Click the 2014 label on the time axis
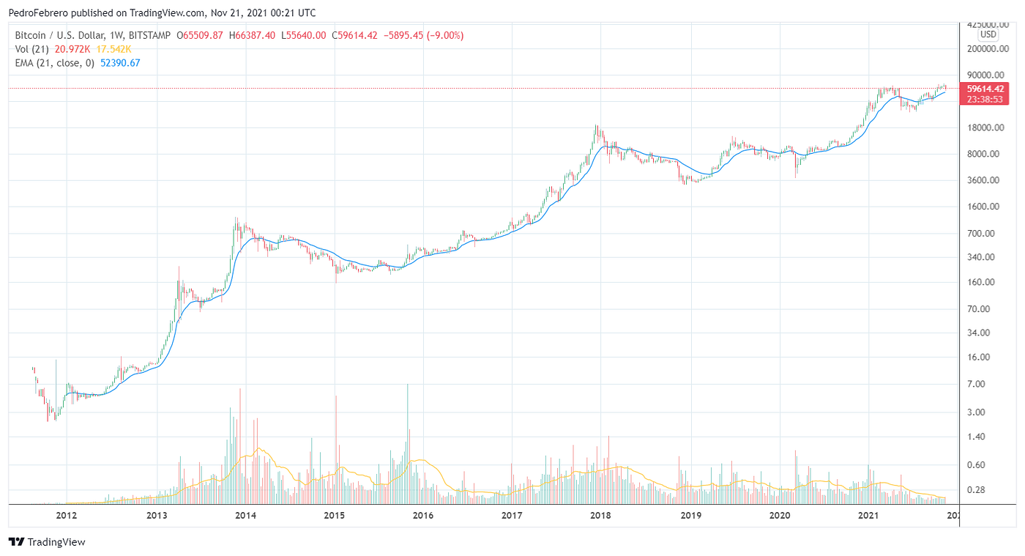245,516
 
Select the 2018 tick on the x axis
600,516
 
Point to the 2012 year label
67,516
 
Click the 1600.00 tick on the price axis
983,207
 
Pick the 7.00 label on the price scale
975,384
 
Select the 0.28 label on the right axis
975,490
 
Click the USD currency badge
988,34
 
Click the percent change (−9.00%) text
438,35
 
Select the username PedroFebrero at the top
40,12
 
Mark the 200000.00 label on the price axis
983,49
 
